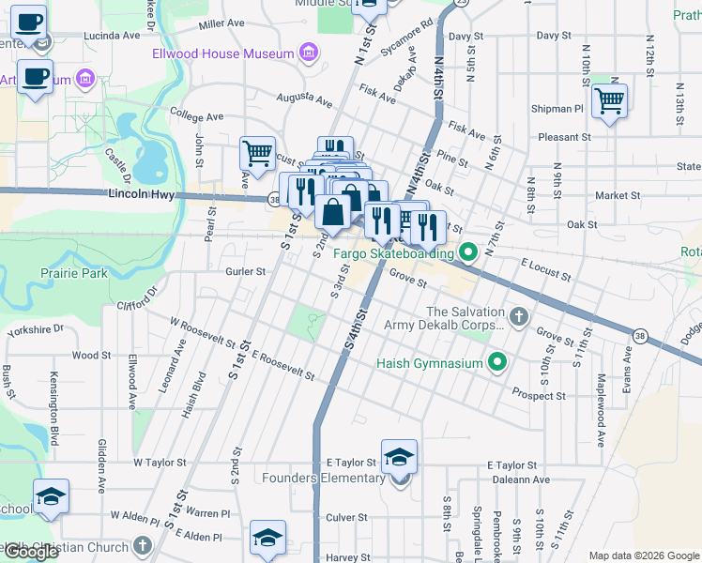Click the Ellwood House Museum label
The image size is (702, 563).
click(223, 53)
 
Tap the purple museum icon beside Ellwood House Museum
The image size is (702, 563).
click(307, 53)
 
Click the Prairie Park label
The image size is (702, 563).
click(74, 273)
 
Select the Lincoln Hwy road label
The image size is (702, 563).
click(142, 194)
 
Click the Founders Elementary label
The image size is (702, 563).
click(333, 478)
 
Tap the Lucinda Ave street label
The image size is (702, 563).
click(111, 36)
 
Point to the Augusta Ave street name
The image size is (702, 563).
click(304, 99)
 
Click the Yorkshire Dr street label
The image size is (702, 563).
click(35, 329)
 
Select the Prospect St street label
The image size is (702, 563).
click(539, 396)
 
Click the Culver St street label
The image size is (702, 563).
click(346, 517)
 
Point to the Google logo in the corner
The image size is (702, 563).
click(31, 552)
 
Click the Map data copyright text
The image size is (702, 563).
click(644, 555)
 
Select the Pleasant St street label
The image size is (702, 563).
click(564, 137)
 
